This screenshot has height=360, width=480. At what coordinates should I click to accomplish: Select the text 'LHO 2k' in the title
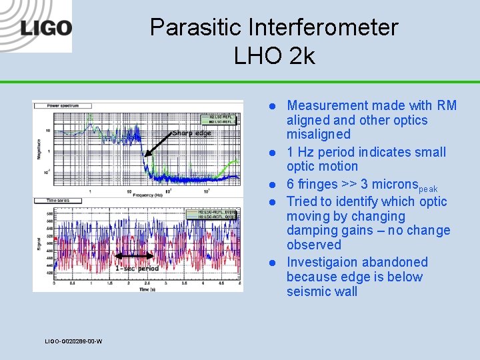(x=274, y=56)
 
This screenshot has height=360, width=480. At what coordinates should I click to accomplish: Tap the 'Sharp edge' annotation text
(x=191, y=133)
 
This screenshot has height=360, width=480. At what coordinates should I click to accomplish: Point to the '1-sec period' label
(x=136, y=268)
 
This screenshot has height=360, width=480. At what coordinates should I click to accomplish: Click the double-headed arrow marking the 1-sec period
(x=136, y=256)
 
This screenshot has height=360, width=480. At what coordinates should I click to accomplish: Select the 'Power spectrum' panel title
(x=64, y=106)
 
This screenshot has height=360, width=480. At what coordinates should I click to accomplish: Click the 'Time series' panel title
(x=59, y=200)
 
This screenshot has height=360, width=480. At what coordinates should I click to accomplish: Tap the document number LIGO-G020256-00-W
(x=73, y=341)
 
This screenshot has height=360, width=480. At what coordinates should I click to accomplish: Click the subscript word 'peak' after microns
(x=428, y=189)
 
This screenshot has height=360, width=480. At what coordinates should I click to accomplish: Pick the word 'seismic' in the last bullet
(x=309, y=291)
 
